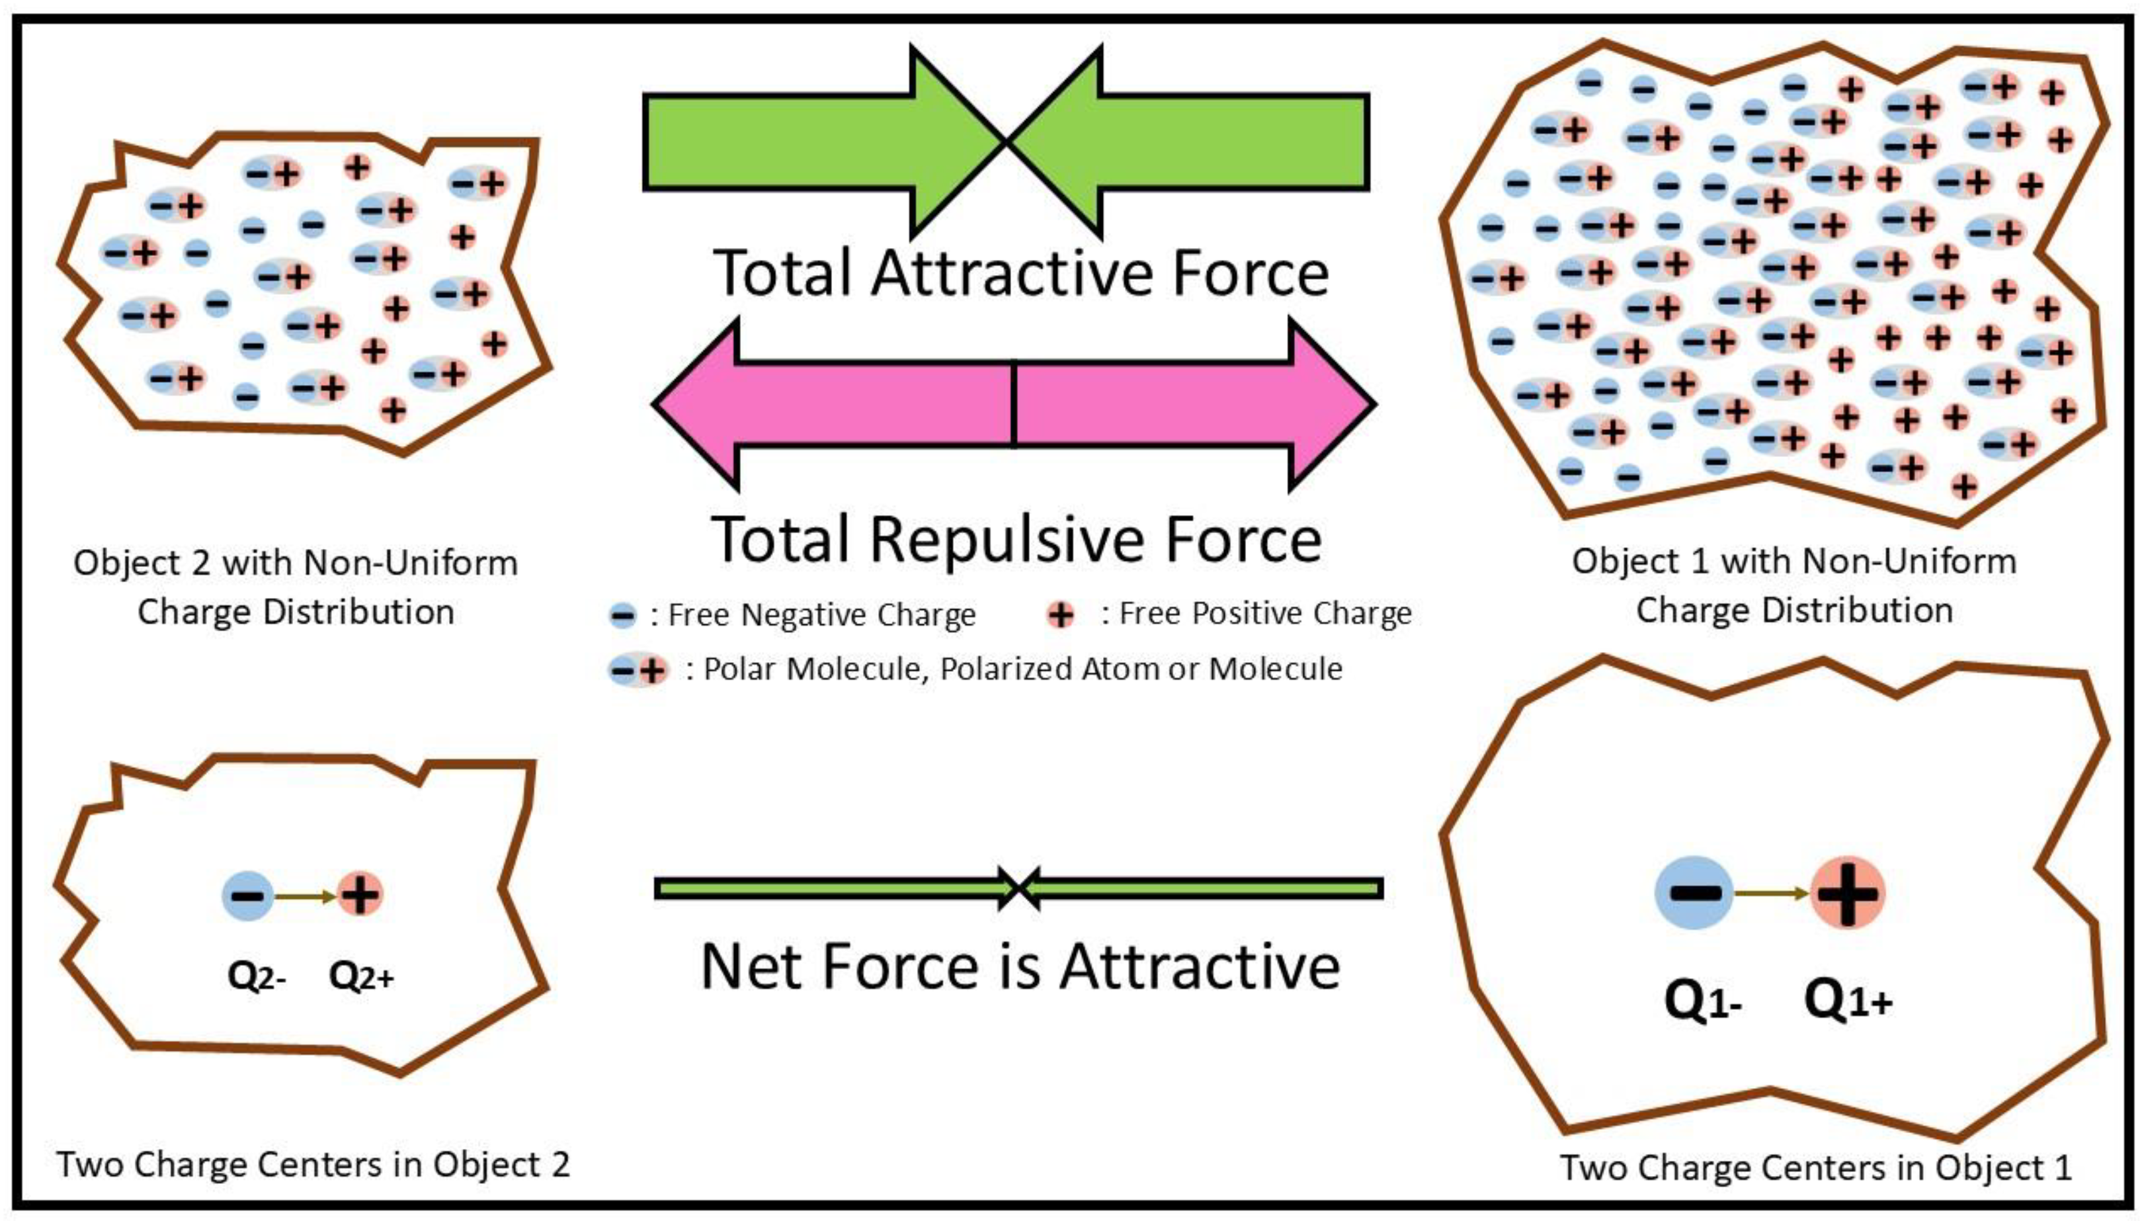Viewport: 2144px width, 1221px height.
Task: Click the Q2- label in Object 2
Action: point(257,977)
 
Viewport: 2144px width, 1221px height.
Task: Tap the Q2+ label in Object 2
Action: point(360,977)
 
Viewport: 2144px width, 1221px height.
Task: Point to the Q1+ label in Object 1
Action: point(1848,1001)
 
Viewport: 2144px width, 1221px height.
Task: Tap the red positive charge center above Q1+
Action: point(1847,893)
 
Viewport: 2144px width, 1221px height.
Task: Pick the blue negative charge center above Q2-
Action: point(247,896)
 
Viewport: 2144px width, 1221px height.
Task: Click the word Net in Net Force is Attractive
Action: point(755,967)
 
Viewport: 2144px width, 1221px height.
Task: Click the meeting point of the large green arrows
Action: point(1006,142)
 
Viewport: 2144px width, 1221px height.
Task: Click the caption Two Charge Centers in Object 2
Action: point(313,1165)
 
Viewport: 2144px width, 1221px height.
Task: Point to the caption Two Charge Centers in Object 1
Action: point(1815,1167)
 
